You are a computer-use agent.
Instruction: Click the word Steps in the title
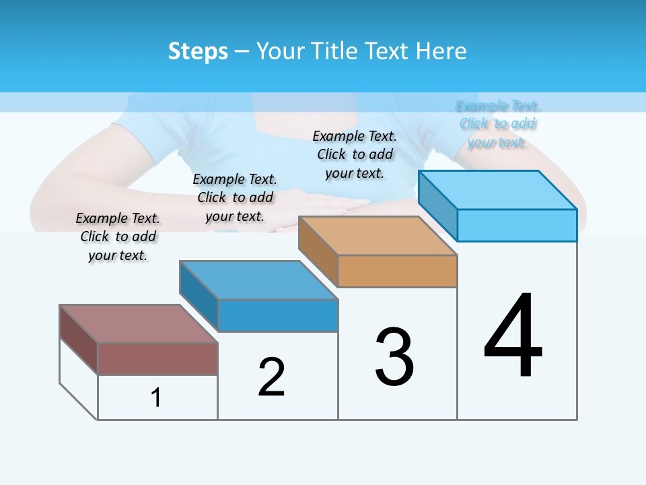(198, 51)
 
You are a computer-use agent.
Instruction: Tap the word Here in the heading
(441, 51)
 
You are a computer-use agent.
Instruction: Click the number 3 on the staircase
(394, 358)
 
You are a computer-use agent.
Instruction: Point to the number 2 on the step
(272, 377)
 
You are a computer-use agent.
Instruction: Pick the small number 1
(156, 397)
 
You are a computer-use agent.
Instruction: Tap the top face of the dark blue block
(259, 280)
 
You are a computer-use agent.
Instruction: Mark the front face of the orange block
(397, 271)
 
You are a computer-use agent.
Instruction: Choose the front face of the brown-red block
(157, 358)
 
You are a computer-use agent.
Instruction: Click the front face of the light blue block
(517, 225)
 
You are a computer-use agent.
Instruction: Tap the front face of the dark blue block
(277, 315)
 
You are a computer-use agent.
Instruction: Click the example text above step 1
(118, 236)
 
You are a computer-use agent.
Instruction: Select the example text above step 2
(235, 197)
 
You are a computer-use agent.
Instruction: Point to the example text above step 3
(355, 154)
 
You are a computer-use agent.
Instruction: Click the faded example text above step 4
(497, 124)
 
